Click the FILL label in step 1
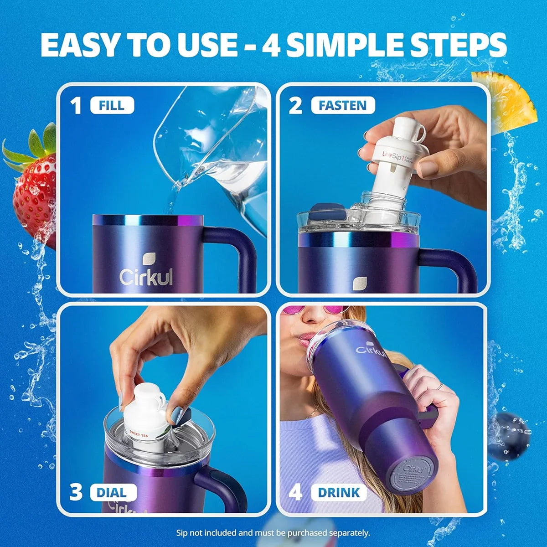[x=112, y=105]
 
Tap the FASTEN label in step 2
[x=342, y=105]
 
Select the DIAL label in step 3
[x=112, y=492]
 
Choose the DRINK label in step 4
[x=339, y=492]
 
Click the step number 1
[x=76, y=106]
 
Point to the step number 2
[x=295, y=106]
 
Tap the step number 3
[x=76, y=493]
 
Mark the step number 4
[x=295, y=493]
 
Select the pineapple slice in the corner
[x=506, y=98]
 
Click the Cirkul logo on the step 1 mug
[x=146, y=271]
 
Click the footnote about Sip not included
[x=273, y=532]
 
